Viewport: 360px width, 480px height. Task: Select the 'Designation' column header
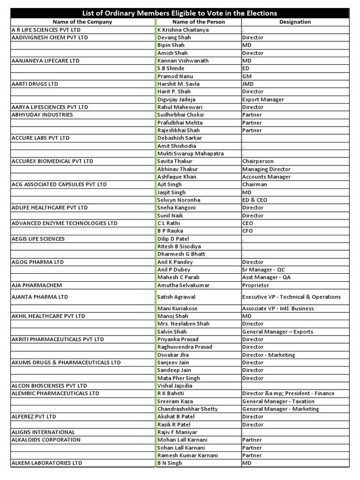[x=295, y=22]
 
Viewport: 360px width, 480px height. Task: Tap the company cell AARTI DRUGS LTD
[x=35, y=84]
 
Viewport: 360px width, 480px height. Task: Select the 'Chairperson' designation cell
[x=258, y=161]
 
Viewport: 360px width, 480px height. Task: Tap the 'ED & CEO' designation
[x=255, y=200]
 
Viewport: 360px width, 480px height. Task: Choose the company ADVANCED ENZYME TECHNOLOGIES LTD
[x=64, y=223]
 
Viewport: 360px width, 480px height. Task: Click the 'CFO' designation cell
[x=248, y=231]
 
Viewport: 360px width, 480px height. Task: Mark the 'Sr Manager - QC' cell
[x=263, y=270]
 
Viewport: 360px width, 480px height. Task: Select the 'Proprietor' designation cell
[x=255, y=285]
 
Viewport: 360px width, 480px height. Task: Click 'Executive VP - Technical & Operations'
[x=291, y=297]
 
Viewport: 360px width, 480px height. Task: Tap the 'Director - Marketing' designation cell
[x=269, y=355]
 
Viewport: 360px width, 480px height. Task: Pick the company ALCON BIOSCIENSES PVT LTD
[x=49, y=386]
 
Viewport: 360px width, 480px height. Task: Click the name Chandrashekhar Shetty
[x=187, y=409]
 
